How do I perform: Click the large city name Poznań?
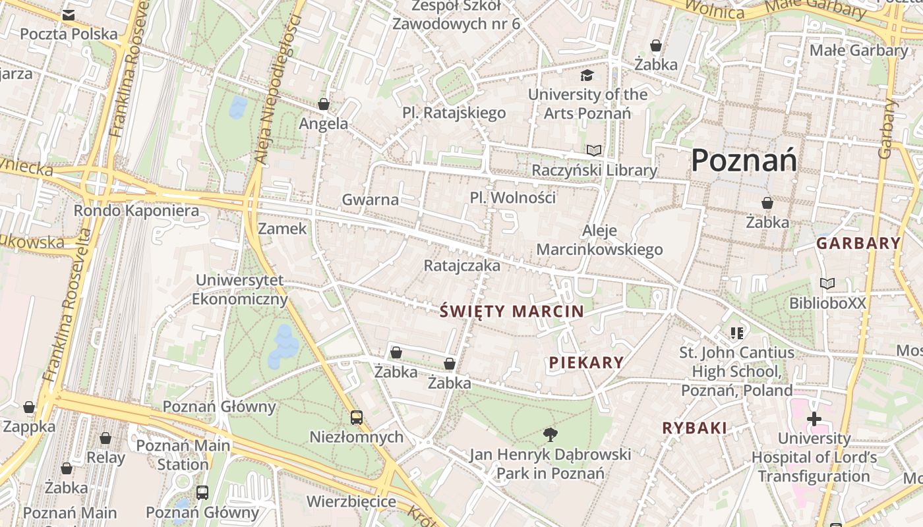pos(744,160)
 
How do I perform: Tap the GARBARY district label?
pos(858,243)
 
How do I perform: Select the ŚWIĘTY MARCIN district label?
pos(512,311)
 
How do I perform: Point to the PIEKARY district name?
pos(586,362)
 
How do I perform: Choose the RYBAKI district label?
pos(694,428)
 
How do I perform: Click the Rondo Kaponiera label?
pos(136,211)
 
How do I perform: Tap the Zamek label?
pos(282,229)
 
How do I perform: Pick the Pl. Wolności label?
pos(512,198)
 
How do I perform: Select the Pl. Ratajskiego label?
pos(454,113)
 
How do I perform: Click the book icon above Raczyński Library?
pos(594,150)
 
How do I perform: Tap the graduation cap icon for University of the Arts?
pos(587,76)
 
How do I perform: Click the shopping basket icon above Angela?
pos(324,104)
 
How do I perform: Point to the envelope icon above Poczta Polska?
pos(68,15)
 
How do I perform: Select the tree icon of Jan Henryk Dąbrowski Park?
pos(550,434)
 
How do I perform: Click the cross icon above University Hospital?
pos(814,418)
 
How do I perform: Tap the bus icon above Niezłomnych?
pos(356,417)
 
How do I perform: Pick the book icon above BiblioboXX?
pos(827,283)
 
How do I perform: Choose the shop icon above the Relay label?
pos(105,438)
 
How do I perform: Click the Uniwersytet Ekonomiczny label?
pos(240,290)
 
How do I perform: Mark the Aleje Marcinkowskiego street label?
pos(599,240)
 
